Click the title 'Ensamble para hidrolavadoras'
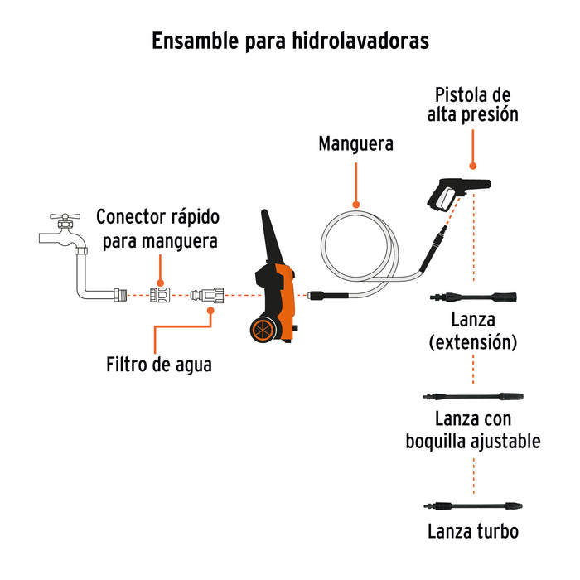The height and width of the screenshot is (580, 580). click(290, 41)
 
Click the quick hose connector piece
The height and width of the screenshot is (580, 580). click(161, 294)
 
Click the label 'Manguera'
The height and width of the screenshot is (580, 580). click(356, 144)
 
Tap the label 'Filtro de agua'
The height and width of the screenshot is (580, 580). click(158, 364)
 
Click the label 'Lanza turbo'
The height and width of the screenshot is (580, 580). click(473, 531)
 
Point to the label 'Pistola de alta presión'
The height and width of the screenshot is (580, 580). click(473, 104)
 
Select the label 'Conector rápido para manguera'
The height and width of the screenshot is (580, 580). click(158, 230)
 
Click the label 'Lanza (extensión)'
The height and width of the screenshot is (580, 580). click(473, 331)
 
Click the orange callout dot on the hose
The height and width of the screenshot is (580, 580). click(356, 203)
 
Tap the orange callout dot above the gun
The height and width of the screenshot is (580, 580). click(473, 166)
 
